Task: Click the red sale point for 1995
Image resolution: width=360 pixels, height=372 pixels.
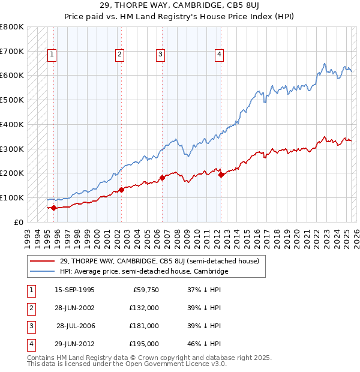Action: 54,208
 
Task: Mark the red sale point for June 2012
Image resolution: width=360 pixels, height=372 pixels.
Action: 221,175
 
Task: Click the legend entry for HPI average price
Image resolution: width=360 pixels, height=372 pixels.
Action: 144,272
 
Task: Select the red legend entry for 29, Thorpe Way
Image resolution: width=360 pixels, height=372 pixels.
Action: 159,261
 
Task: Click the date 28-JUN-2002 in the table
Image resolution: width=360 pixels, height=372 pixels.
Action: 74,308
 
